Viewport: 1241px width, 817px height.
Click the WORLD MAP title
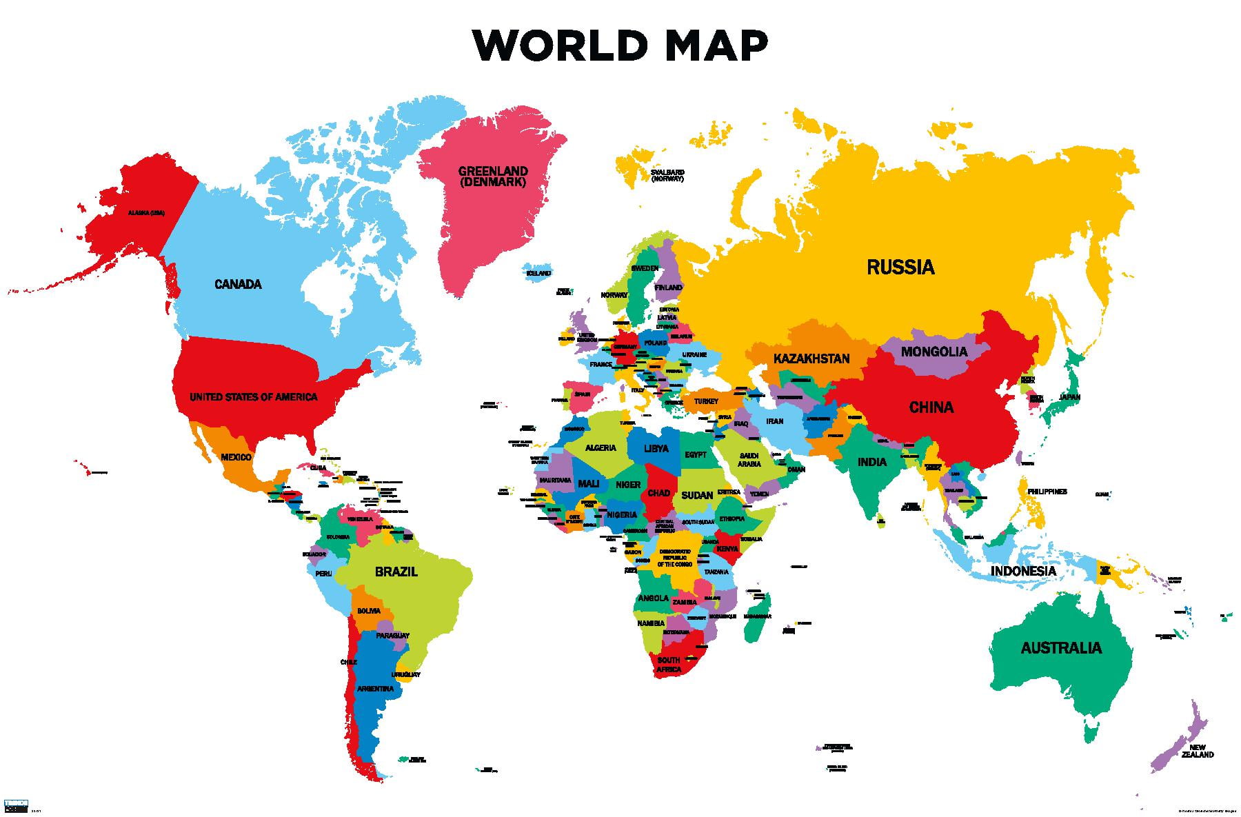coord(620,46)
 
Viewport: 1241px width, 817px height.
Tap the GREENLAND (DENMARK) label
coord(493,176)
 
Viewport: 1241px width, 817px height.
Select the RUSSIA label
coord(900,267)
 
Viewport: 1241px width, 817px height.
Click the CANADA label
coord(238,284)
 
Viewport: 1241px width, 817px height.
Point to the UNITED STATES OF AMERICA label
coord(254,397)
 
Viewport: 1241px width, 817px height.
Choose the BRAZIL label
coord(396,572)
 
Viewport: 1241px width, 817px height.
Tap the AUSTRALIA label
coord(1061,647)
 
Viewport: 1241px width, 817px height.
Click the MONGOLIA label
coord(934,352)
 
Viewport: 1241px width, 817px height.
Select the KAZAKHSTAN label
coord(811,359)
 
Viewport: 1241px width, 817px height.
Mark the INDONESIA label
coord(1023,571)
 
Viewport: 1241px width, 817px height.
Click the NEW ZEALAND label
coord(1197,751)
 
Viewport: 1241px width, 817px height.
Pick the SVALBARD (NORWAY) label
coord(667,175)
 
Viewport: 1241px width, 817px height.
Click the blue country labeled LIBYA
coord(656,448)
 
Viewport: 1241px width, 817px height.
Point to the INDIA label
coord(871,462)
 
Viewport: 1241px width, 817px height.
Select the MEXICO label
coord(236,457)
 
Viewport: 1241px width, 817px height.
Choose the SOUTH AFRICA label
coord(668,665)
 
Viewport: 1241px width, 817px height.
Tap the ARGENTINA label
coord(375,689)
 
